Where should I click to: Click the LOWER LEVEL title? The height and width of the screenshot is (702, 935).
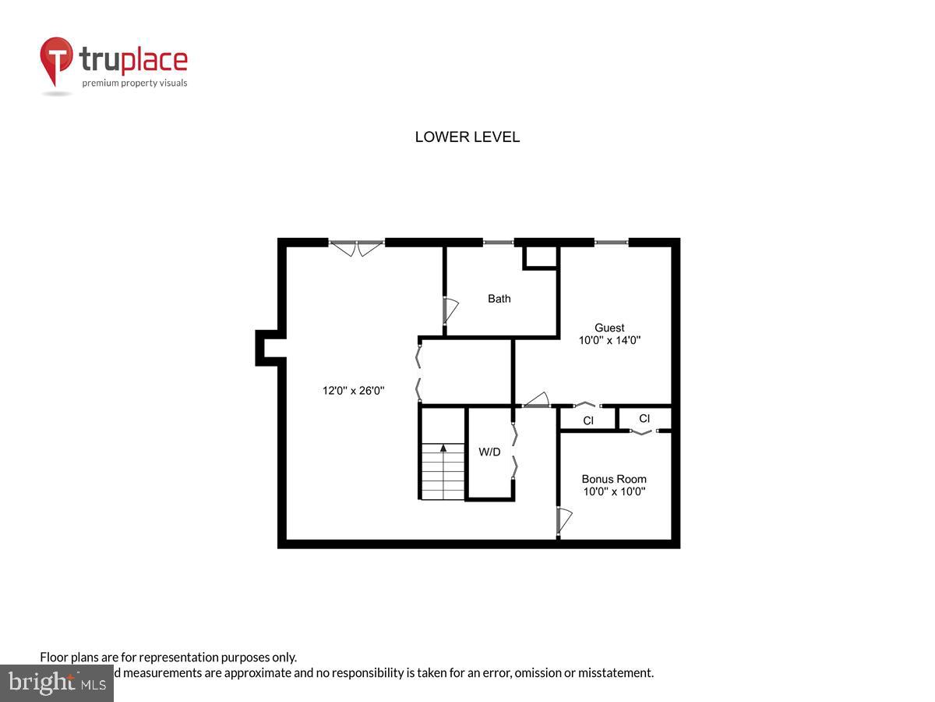(x=467, y=137)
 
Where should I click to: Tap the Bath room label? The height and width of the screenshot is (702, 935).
(x=499, y=299)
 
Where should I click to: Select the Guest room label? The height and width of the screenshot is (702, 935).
(x=609, y=328)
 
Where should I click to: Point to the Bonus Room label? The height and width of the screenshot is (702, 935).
(x=614, y=479)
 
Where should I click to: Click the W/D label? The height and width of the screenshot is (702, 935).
(x=489, y=452)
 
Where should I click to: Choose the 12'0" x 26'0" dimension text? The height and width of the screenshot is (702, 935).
(x=354, y=391)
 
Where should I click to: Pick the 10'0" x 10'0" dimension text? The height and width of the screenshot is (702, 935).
(x=614, y=491)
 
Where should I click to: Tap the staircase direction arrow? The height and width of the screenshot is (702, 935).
(x=443, y=448)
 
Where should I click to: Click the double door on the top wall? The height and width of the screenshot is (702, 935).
(x=357, y=247)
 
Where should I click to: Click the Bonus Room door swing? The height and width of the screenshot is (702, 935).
(x=565, y=520)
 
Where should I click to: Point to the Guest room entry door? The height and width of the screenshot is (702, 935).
(x=536, y=401)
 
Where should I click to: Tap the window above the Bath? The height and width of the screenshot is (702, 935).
(x=498, y=243)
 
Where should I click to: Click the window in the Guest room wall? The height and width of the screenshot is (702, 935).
(x=612, y=243)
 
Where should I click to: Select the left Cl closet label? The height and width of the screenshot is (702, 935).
(x=588, y=421)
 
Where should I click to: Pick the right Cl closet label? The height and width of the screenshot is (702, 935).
(x=644, y=419)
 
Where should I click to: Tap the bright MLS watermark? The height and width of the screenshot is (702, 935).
(x=56, y=683)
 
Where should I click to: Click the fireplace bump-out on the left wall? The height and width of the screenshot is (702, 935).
(x=267, y=348)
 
